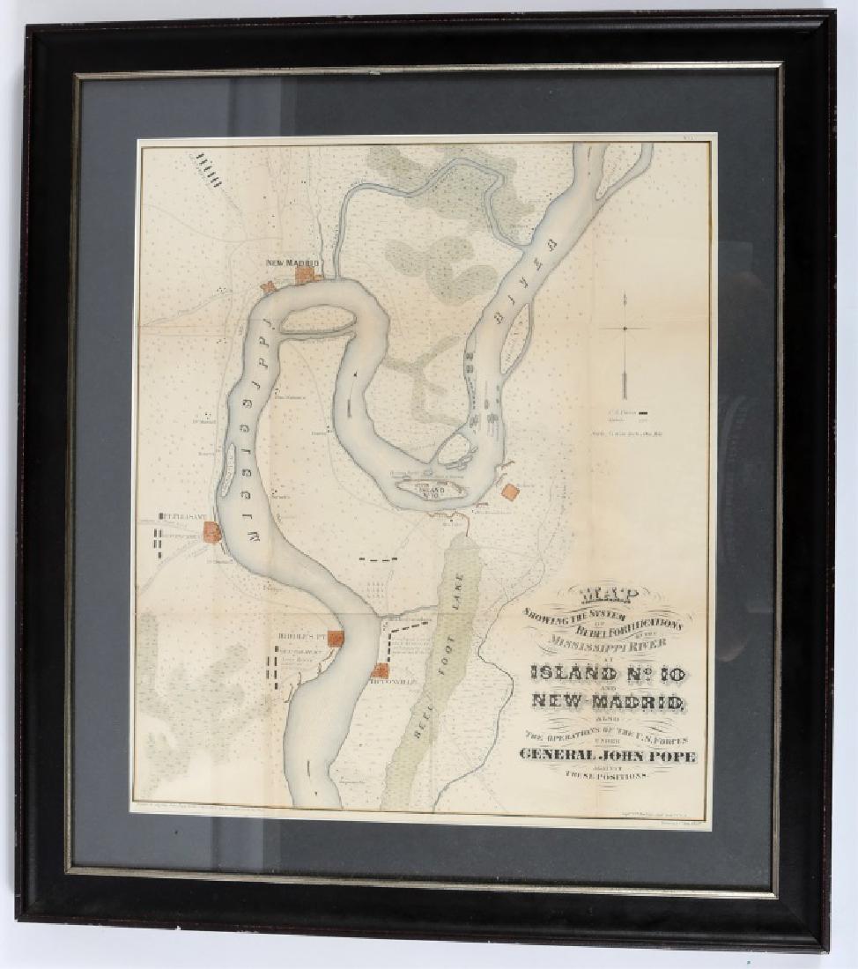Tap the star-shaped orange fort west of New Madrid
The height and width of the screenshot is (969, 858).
click(266, 287)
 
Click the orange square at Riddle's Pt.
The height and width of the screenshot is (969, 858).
click(335, 638)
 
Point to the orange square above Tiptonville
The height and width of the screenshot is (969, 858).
click(381, 670)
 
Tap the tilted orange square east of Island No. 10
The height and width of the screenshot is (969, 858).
click(510, 492)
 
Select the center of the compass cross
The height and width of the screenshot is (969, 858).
click(624, 328)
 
